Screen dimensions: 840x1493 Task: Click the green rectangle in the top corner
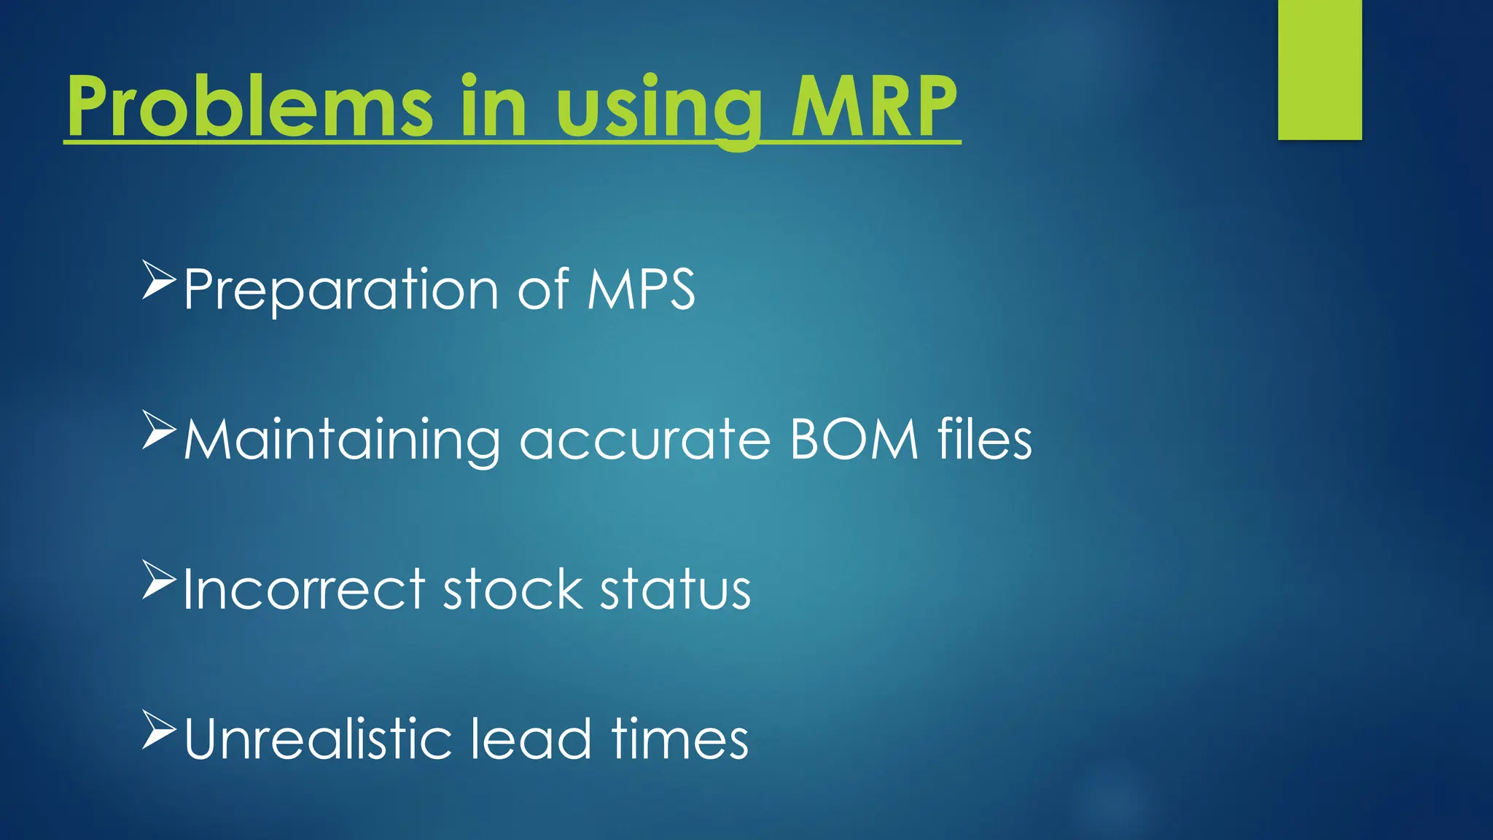coord(1319,70)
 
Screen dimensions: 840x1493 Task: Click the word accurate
coord(645,441)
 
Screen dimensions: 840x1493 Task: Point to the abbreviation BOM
coord(854,440)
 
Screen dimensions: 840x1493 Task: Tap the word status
coord(675,590)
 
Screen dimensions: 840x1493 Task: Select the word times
coord(680,739)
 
